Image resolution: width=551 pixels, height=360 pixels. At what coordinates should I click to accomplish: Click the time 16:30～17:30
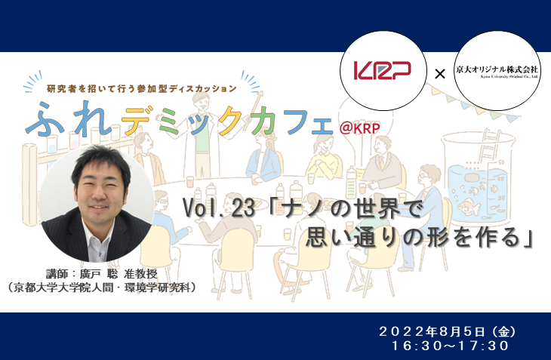[x=451, y=346]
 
